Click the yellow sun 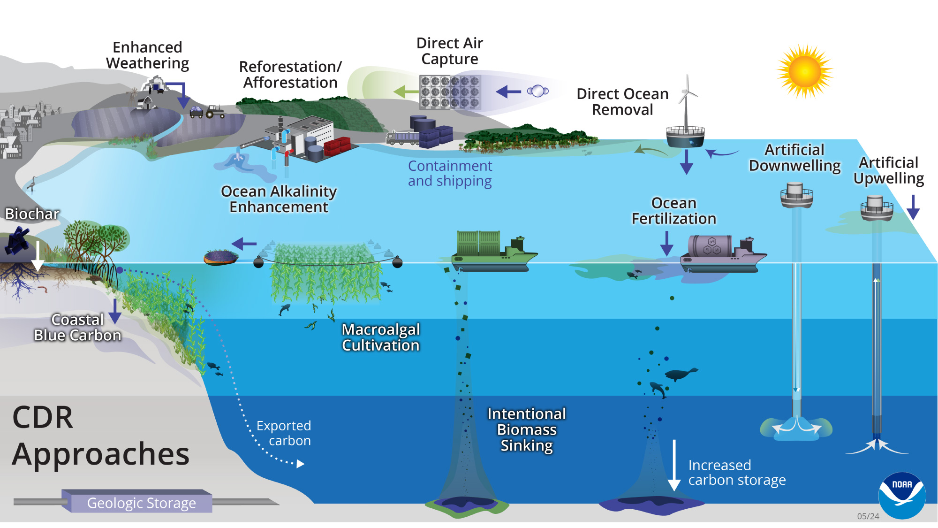805,72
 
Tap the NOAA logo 901,495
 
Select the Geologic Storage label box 141,503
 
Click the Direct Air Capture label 449,51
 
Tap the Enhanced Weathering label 147,55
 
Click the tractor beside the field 215,112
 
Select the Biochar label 32,214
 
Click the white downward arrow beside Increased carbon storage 674,465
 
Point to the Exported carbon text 284,433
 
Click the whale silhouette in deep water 681,374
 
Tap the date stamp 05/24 868,516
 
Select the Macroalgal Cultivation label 380,337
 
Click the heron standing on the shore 32,184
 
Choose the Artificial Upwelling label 888,170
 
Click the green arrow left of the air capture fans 405,92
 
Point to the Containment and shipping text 450,173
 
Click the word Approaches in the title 101,454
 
